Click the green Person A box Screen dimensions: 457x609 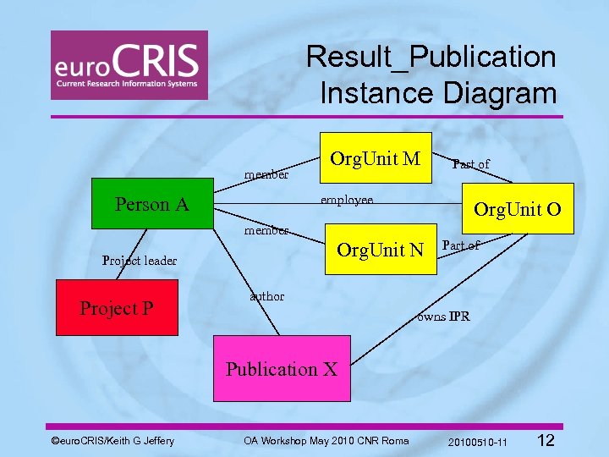click(152, 204)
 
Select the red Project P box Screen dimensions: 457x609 click(117, 308)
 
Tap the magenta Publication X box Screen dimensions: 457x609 click(281, 369)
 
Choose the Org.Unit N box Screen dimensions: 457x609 click(380, 250)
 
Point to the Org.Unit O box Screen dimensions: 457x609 click(517, 208)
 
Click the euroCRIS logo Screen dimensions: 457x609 click(129, 65)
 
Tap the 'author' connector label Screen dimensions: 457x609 click(267, 296)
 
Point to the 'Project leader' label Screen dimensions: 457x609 click(139, 260)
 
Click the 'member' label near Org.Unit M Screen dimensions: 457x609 click(266, 175)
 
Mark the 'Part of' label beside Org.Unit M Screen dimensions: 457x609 click(470, 163)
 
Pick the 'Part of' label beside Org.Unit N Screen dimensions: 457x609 click(461, 245)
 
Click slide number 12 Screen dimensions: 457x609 click(546, 440)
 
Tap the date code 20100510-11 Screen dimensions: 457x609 click(478, 442)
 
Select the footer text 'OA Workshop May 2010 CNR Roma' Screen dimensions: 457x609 click(326, 440)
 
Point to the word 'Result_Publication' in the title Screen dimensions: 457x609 click(431, 57)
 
